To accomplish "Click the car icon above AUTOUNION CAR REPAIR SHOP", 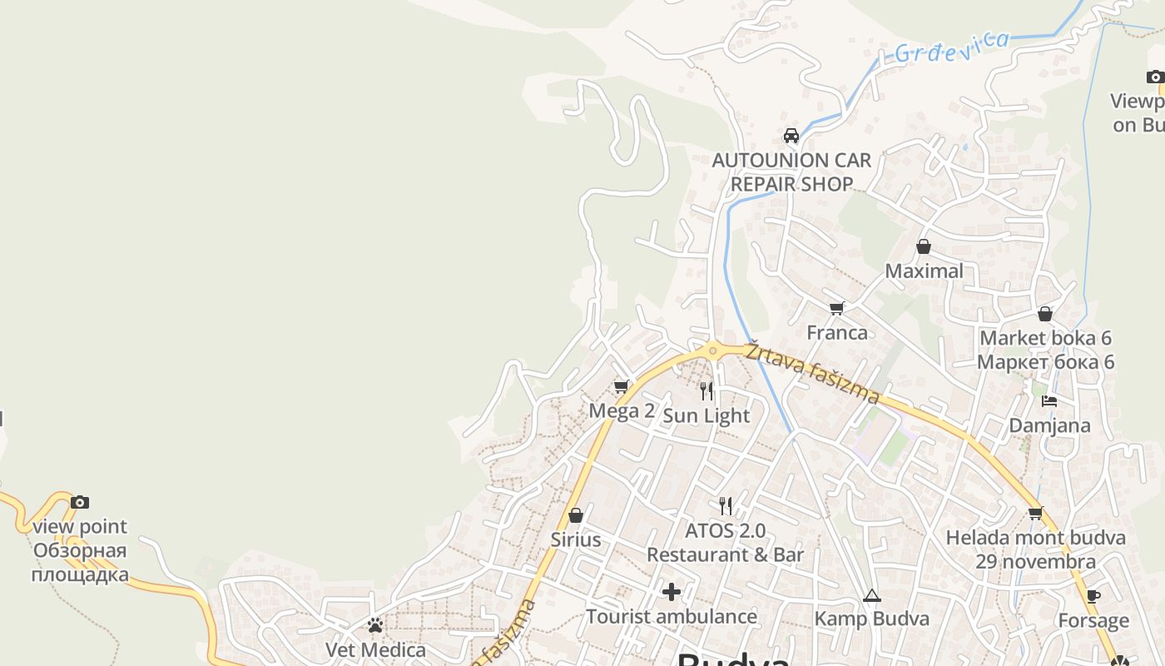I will tap(791, 135).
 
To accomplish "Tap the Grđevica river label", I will tap(952, 47).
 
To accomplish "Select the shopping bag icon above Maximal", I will tap(923, 246).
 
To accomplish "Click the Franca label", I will tap(837, 332).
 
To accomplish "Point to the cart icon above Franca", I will tap(837, 309).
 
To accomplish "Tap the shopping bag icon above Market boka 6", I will tap(1045, 314).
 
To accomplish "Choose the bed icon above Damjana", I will tap(1049, 401).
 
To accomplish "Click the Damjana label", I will tap(1049, 425).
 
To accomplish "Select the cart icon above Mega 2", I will tap(621, 387).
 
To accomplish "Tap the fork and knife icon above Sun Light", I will tap(706, 390).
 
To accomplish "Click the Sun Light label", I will tap(706, 415).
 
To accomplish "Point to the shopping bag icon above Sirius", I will tap(576, 515).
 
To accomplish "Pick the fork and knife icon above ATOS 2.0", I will tap(726, 505).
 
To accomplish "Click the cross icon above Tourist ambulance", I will tap(672, 592).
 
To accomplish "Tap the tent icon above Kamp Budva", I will tap(871, 595).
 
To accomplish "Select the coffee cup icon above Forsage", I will tap(1093, 597).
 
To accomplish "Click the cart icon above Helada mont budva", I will tap(1036, 514).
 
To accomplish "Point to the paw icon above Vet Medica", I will tap(375, 625).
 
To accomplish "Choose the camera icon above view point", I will tap(80, 502).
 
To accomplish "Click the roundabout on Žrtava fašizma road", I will tap(712, 351).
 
